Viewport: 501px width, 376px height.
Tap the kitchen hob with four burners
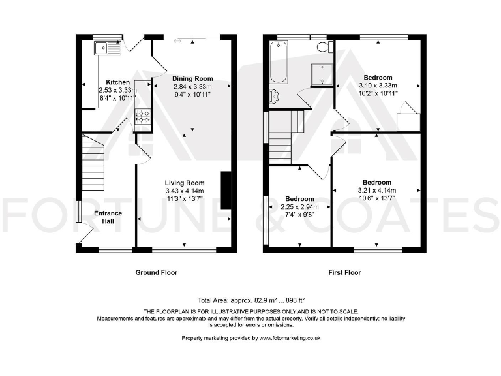click(x=142, y=117)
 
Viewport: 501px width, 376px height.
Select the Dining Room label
click(x=192, y=78)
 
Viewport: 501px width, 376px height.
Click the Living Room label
click(x=185, y=183)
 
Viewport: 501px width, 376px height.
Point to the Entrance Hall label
click(x=108, y=217)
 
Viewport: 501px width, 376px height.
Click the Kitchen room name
click(x=109, y=82)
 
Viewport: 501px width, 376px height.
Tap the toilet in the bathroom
click(x=322, y=47)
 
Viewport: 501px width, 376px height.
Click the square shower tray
click(x=321, y=75)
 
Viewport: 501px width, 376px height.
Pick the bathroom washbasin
click(x=273, y=97)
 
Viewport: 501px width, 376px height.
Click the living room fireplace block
click(x=226, y=190)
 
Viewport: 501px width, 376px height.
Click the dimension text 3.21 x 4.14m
click(x=377, y=191)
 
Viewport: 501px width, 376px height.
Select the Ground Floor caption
click(x=156, y=272)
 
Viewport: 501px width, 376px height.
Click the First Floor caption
click(x=343, y=272)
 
